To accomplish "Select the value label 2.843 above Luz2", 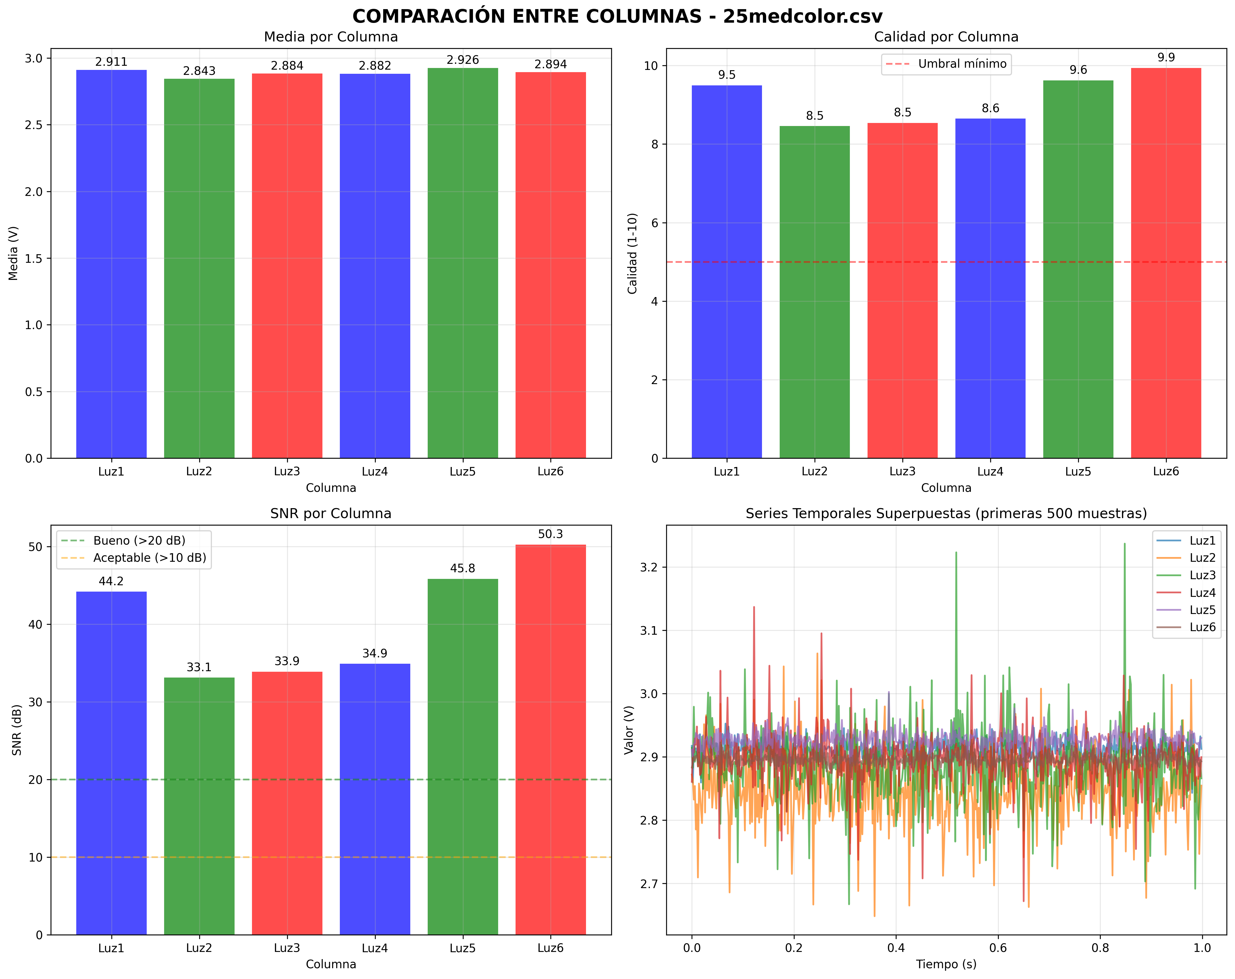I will coord(199,71).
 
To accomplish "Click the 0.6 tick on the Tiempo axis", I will coord(998,948).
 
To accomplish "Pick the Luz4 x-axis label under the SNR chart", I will coord(375,948).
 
